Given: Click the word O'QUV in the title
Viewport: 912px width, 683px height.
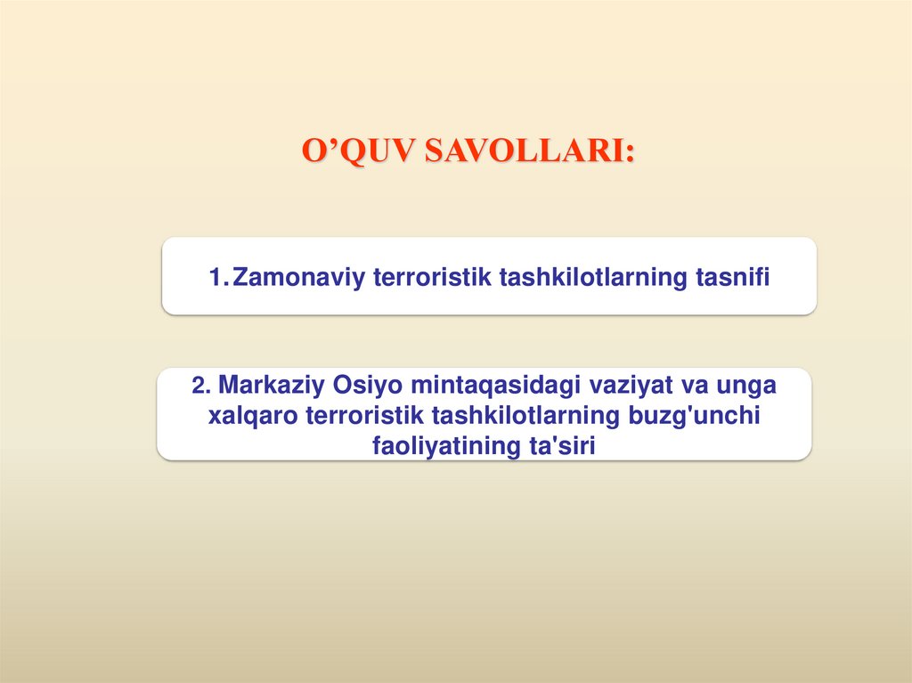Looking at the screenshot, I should coord(358,150).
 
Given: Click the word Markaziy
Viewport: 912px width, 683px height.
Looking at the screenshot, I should coord(271,386).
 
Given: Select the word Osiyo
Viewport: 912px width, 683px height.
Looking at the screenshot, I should coord(363,386).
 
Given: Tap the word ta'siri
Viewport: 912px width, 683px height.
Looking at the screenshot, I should coord(556,445).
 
